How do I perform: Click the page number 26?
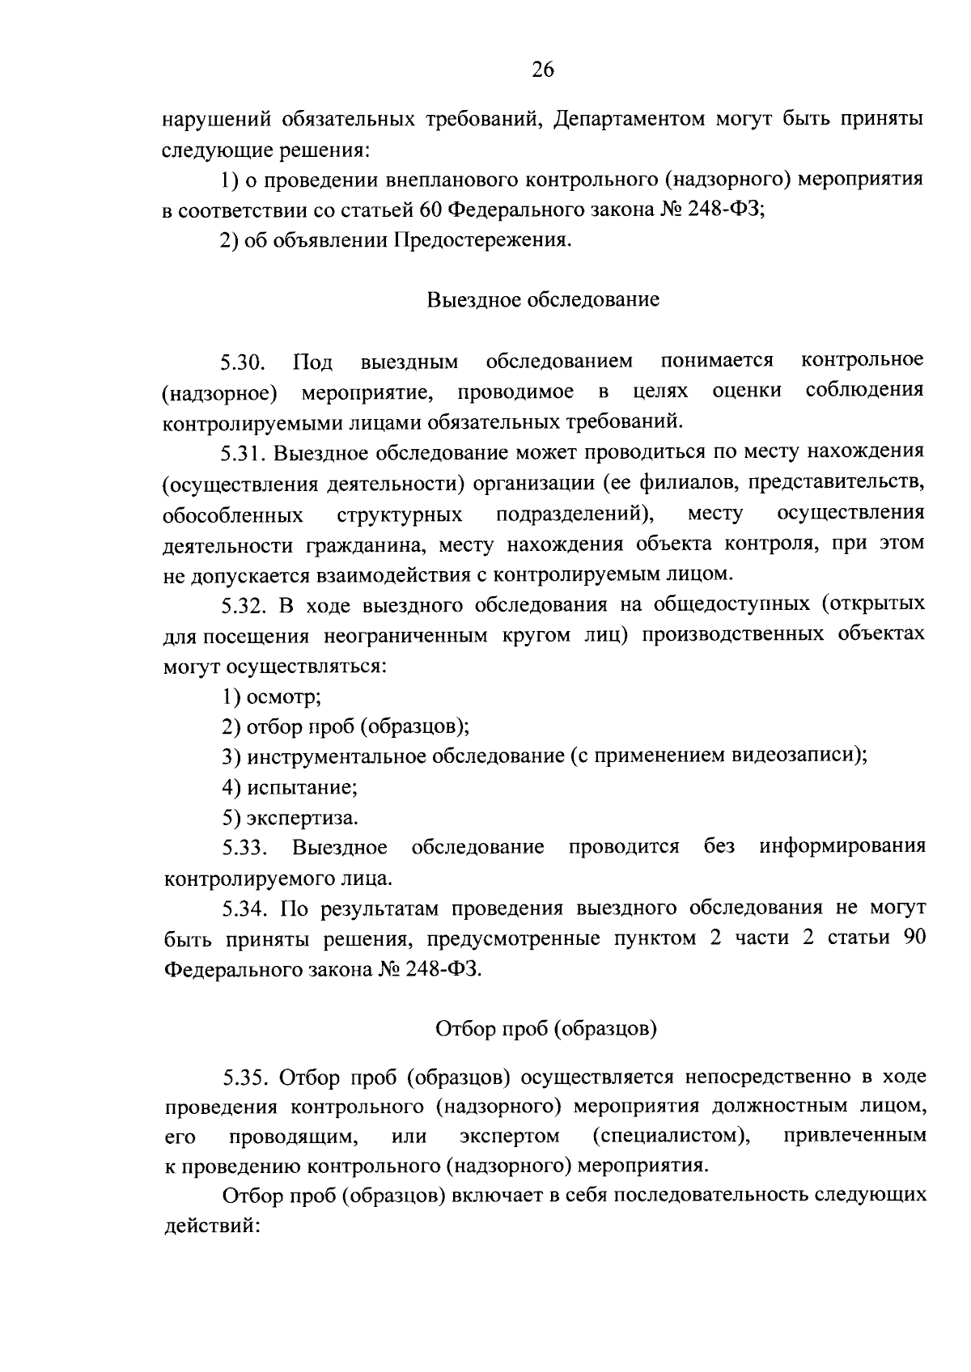pyautogui.click(x=542, y=71)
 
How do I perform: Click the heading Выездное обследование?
pyautogui.click(x=542, y=300)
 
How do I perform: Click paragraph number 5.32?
pyautogui.click(x=244, y=606)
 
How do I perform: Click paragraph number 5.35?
pyautogui.click(x=244, y=1078)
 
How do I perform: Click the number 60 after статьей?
pyautogui.click(x=430, y=211)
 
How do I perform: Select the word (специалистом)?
pyautogui.click(x=671, y=1137)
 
